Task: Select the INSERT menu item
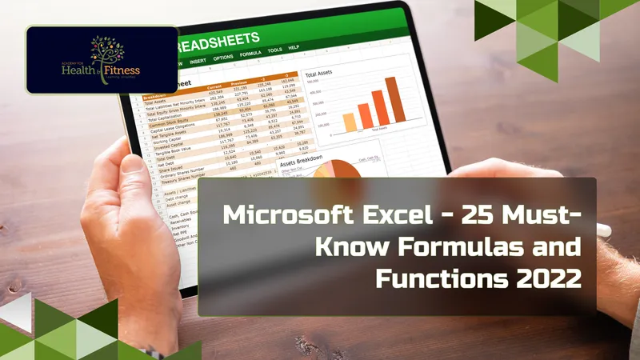pyautogui.click(x=201, y=59)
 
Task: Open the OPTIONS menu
pyautogui.click(x=224, y=58)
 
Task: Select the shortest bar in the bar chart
pyautogui.click(x=349, y=122)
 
